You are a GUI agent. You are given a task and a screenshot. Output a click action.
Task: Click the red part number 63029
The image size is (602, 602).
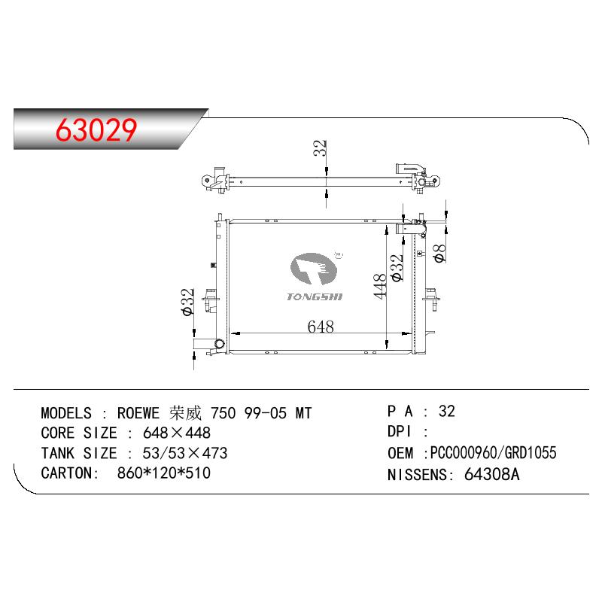point(96,129)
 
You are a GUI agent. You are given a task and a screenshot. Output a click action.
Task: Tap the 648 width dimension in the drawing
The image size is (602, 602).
point(321,327)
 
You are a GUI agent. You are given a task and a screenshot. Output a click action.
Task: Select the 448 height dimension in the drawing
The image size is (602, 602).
point(380,286)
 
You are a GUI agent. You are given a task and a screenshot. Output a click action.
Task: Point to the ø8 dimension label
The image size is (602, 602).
point(439,254)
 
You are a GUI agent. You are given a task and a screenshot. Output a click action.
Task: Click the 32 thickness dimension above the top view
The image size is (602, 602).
point(320,147)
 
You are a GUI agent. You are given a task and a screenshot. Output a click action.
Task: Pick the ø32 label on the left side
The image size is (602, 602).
point(188,302)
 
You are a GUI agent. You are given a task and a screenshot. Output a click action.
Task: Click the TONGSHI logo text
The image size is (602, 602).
point(315,296)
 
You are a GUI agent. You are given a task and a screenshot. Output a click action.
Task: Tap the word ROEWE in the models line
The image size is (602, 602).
point(138,413)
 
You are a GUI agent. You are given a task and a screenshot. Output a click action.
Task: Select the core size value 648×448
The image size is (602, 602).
point(177,433)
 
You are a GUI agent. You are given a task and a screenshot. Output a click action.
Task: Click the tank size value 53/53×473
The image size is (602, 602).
point(185,453)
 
